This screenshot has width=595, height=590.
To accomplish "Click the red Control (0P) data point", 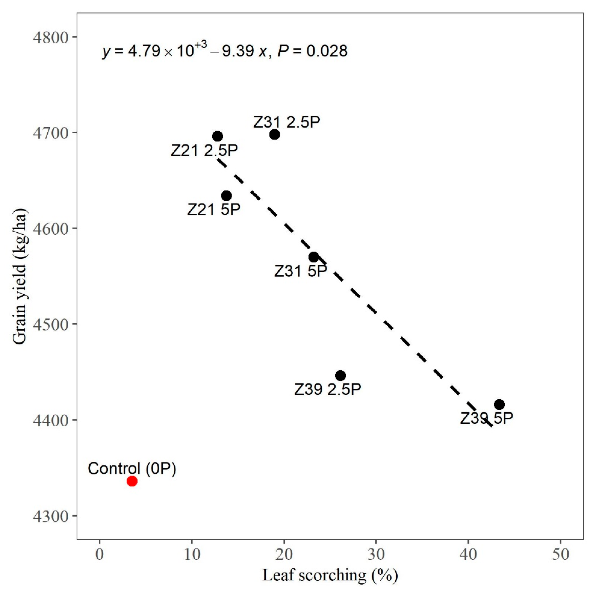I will pyautogui.click(x=132, y=481).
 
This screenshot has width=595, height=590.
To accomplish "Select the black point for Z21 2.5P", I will pyautogui.click(x=217, y=136).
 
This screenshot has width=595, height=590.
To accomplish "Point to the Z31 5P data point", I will pyautogui.click(x=314, y=257).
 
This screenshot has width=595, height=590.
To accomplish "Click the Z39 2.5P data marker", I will pyautogui.click(x=340, y=376).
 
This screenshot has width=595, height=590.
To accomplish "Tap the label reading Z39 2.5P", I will pyautogui.click(x=327, y=390).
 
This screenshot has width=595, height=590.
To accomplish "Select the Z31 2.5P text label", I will pyautogui.click(x=287, y=122).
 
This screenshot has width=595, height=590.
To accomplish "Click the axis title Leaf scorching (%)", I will pyautogui.click(x=330, y=575).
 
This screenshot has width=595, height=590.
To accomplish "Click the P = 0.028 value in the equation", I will pyautogui.click(x=312, y=51).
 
